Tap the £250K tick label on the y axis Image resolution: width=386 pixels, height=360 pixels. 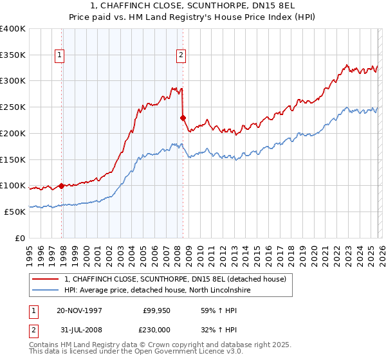[x=13, y=107]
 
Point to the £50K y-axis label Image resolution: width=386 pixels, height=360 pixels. [x=15, y=212]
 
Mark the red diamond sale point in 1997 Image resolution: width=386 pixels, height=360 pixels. [x=62, y=186]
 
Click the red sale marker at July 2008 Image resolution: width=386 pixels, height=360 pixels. [x=183, y=118]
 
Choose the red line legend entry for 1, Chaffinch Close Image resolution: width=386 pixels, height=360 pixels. [x=179, y=278]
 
